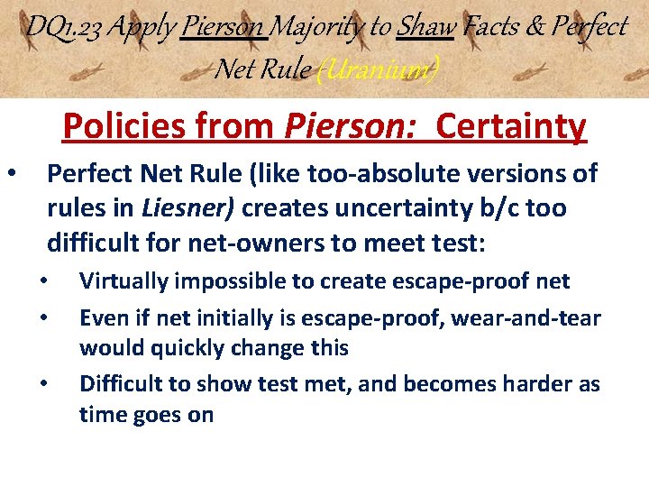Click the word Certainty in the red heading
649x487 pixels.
[511, 127]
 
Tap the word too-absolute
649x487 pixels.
[404, 173]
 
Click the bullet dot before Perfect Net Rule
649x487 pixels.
[11, 172]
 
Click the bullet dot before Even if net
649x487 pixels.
[45, 317]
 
